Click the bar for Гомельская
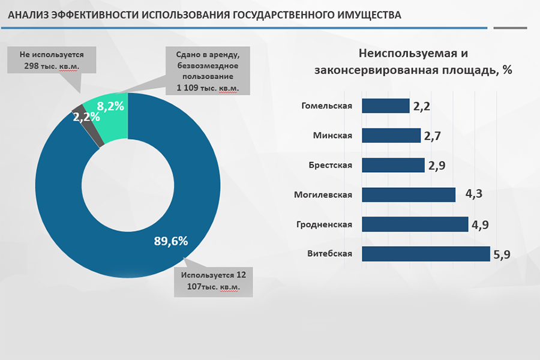click(x=386, y=106)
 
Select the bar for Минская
click(x=391, y=136)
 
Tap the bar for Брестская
click(x=394, y=165)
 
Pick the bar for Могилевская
click(x=409, y=194)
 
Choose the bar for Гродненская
click(x=415, y=224)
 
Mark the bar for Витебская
click(x=426, y=254)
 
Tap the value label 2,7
click(x=433, y=136)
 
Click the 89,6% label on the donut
click(x=171, y=241)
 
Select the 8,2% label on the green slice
click(x=110, y=107)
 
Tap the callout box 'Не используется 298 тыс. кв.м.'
click(x=52, y=60)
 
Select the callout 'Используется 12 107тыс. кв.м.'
click(x=213, y=281)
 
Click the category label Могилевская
click(x=323, y=194)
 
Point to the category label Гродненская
click(x=324, y=224)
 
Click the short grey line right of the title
click(x=510, y=28)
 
